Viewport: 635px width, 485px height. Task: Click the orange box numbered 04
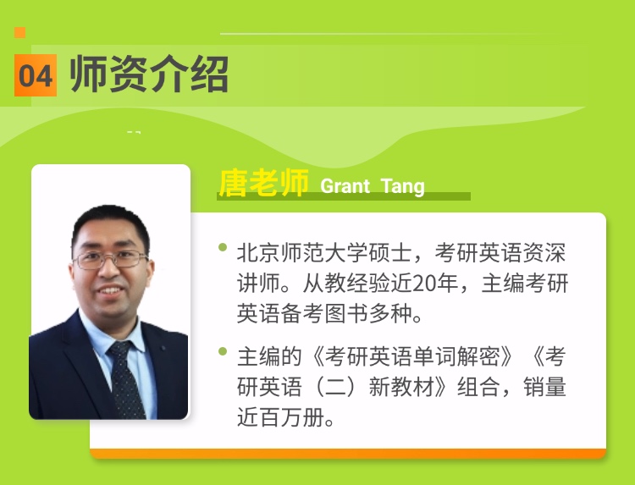coord(36,75)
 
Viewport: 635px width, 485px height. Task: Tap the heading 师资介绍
coord(149,74)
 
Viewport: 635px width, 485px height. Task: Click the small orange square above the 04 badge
coord(19,32)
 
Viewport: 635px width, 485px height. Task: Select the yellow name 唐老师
coord(263,183)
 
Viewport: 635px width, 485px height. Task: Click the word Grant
coord(345,186)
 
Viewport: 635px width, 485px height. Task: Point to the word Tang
coord(403,186)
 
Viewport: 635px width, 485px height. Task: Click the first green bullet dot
coord(223,247)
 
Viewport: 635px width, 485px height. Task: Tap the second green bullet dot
coord(223,351)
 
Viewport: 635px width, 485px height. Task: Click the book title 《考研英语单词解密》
coord(412,356)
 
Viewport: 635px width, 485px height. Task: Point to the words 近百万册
coord(280,417)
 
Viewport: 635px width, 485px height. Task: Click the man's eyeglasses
coord(110,259)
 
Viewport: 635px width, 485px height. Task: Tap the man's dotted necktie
coord(126,379)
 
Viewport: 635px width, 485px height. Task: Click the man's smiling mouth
coord(110,290)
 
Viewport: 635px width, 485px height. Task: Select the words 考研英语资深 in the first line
coord(500,252)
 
